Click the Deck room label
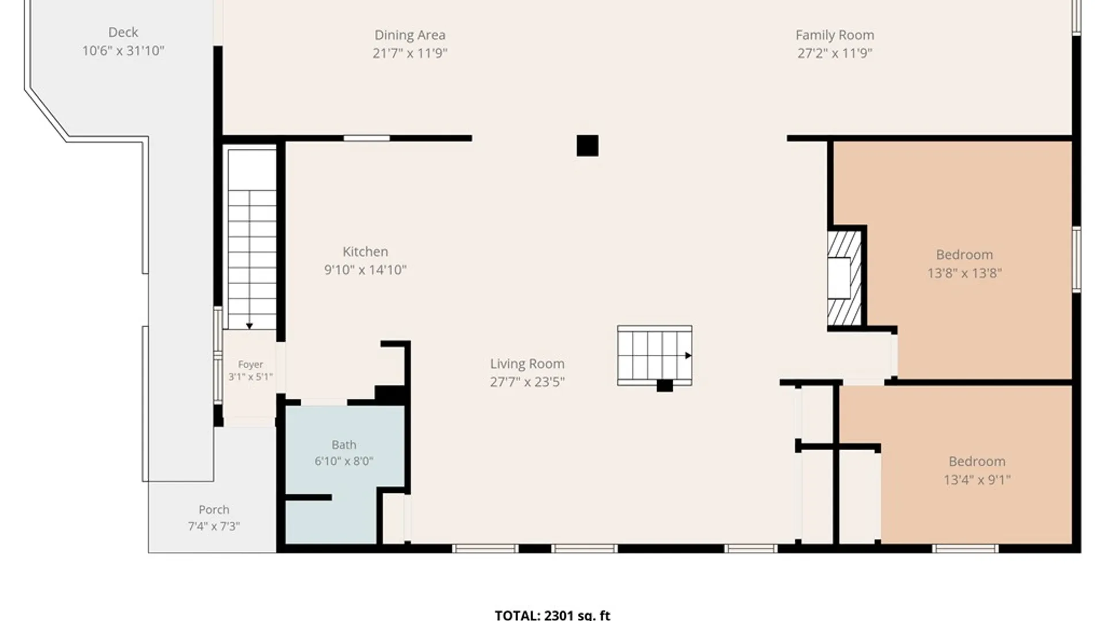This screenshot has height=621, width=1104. pyautogui.click(x=123, y=32)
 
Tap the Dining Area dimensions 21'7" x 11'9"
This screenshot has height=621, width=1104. pyautogui.click(x=410, y=53)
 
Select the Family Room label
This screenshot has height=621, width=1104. pyautogui.click(x=835, y=35)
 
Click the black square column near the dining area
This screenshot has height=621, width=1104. pyautogui.click(x=587, y=145)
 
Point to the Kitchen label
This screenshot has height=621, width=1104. pyautogui.click(x=365, y=252)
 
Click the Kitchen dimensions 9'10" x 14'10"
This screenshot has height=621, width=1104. pyautogui.click(x=365, y=270)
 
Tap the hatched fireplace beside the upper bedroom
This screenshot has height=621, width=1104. pyautogui.click(x=845, y=278)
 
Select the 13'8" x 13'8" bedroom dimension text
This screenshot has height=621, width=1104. pyautogui.click(x=964, y=273)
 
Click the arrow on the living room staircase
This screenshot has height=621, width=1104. pyautogui.click(x=688, y=355)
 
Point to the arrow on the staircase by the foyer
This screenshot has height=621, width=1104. pyautogui.click(x=250, y=326)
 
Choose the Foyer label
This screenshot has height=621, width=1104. pyautogui.click(x=250, y=365)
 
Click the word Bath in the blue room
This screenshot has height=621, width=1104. pyautogui.click(x=344, y=444)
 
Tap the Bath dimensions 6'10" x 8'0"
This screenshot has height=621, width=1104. pyautogui.click(x=344, y=461)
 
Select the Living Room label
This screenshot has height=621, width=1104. pyautogui.click(x=527, y=364)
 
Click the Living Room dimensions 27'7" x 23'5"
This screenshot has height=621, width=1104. pyautogui.click(x=527, y=382)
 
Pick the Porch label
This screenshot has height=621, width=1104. pyautogui.click(x=214, y=509)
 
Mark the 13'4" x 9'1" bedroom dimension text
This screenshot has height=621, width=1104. pyautogui.click(x=977, y=480)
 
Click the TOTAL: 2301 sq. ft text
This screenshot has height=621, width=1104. pyautogui.click(x=553, y=615)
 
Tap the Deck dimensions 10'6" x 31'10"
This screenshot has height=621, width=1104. pyautogui.click(x=123, y=51)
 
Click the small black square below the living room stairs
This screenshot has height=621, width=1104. pyautogui.click(x=665, y=386)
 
